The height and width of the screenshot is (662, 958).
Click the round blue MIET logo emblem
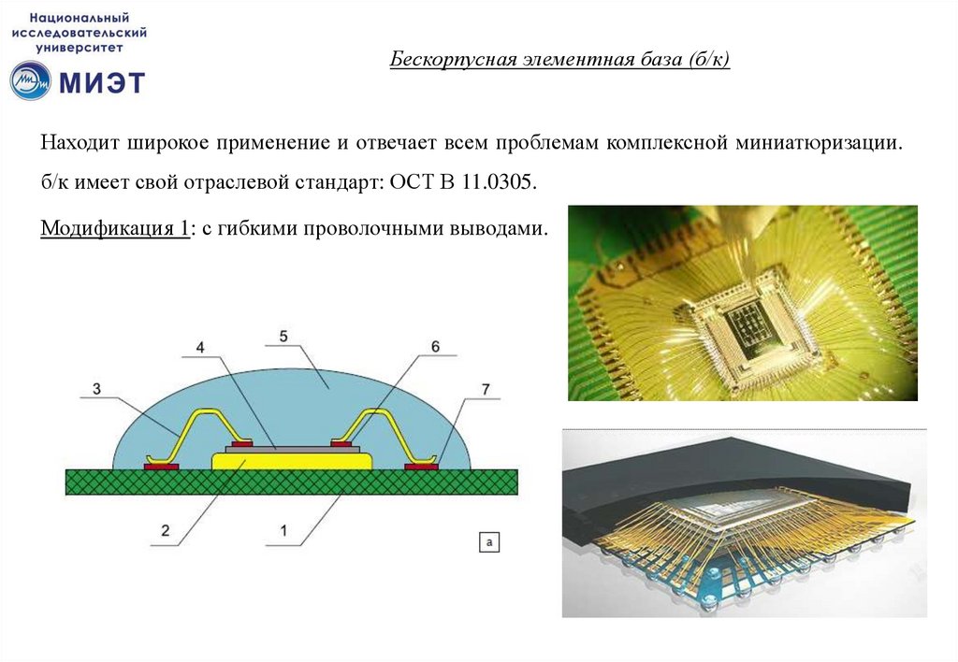click(31, 80)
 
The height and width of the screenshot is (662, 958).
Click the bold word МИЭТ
click(102, 82)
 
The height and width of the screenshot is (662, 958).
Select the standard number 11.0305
click(499, 182)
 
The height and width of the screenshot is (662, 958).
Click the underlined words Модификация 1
click(115, 228)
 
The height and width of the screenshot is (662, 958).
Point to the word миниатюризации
click(819, 143)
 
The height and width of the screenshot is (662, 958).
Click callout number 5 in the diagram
click(283, 336)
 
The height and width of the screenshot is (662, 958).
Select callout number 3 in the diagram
click(96, 388)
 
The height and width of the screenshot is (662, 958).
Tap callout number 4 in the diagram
click(200, 348)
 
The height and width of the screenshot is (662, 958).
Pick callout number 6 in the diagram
click(435, 346)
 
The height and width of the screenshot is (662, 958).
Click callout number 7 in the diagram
click(486, 389)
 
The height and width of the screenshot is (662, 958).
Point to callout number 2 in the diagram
click(165, 530)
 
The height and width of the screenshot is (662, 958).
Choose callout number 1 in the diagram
click(283, 530)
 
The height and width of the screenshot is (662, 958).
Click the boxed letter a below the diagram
click(488, 541)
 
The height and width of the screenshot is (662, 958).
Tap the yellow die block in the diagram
click(292, 461)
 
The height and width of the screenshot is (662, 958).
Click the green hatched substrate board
click(292, 482)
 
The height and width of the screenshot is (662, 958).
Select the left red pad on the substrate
click(161, 468)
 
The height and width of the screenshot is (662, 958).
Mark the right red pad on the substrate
click(421, 468)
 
